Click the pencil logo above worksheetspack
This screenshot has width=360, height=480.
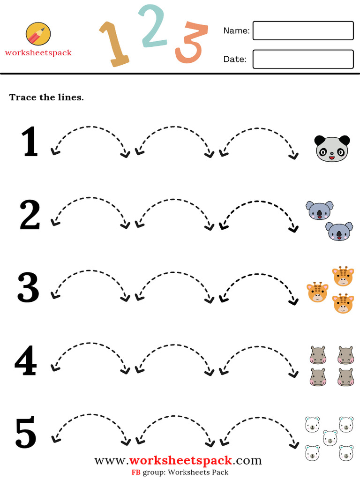(x=38, y=34)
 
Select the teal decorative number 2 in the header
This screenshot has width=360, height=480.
(x=153, y=27)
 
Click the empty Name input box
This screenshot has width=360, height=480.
(x=303, y=30)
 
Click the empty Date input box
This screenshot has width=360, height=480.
(x=303, y=59)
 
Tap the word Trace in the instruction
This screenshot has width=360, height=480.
(x=21, y=97)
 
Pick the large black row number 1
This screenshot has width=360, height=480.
(x=30, y=142)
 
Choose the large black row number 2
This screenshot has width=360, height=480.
(x=30, y=215)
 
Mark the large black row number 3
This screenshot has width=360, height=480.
(x=29, y=287)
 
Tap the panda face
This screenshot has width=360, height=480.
(x=332, y=149)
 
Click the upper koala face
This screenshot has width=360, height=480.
(x=320, y=210)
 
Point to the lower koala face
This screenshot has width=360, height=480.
(x=339, y=231)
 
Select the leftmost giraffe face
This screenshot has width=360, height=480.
(x=317, y=292)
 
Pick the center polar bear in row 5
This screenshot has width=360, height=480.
(x=330, y=437)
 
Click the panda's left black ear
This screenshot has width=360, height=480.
(x=319, y=140)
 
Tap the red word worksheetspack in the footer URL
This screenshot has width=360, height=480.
(x=180, y=460)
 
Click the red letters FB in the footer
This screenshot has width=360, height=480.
(x=135, y=472)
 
